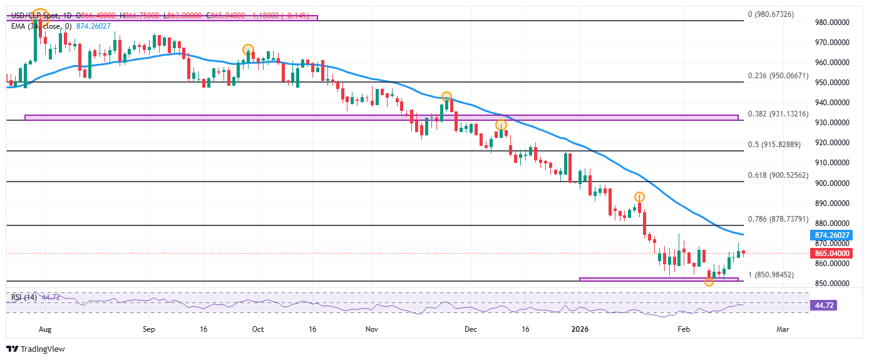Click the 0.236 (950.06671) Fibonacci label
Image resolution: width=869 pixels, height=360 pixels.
click(x=778, y=76)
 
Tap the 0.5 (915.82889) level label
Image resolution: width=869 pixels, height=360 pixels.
click(x=774, y=145)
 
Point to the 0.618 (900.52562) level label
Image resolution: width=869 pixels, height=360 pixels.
click(x=778, y=175)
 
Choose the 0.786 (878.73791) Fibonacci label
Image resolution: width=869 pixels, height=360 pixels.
click(x=778, y=220)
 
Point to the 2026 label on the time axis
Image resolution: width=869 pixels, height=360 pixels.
click(x=580, y=327)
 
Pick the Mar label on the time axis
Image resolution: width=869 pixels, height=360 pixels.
click(x=783, y=327)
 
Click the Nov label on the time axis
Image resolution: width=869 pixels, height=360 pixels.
click(x=372, y=327)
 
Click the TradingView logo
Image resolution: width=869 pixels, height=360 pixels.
click(x=36, y=349)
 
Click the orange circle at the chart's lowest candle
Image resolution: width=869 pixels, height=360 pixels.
click(x=709, y=282)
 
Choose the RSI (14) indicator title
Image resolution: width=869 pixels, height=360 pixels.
click(x=22, y=297)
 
